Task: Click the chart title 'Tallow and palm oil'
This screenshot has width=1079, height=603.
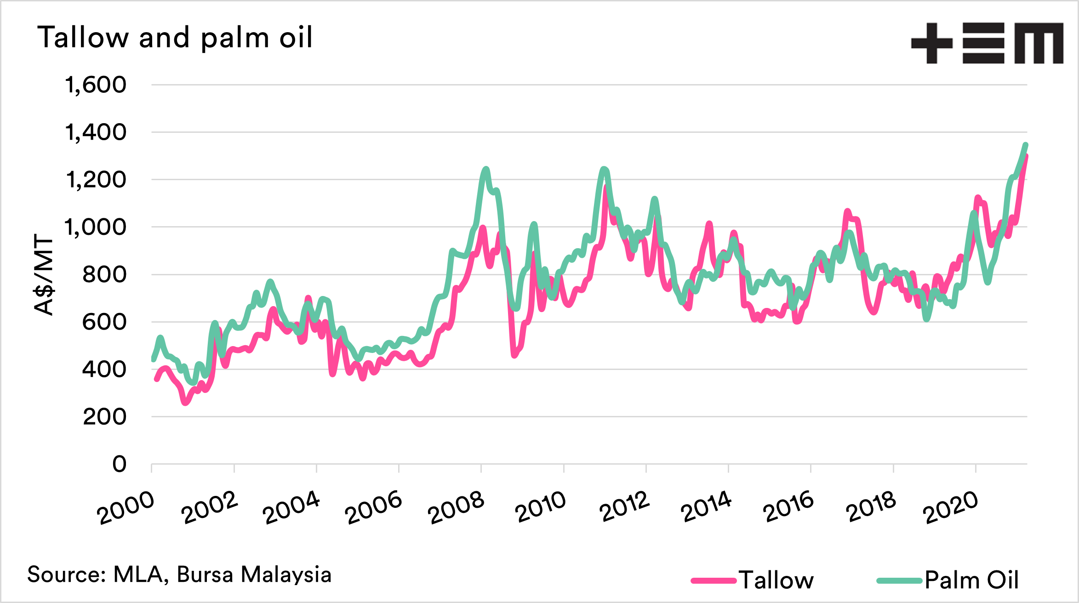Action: click(x=175, y=38)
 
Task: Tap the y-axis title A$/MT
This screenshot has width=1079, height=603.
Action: click(x=45, y=275)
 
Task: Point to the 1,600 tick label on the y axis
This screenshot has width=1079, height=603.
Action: click(x=96, y=85)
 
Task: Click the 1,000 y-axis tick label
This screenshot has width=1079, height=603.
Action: click(x=95, y=227)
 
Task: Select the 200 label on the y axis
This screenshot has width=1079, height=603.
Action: click(x=104, y=417)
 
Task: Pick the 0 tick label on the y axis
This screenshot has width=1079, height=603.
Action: click(x=119, y=464)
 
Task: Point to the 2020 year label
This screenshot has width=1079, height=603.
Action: click(x=951, y=507)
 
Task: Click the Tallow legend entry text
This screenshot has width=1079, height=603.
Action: click(x=776, y=580)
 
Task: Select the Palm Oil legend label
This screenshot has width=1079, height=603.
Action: click(x=972, y=580)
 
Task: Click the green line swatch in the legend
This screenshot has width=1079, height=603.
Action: click(x=899, y=581)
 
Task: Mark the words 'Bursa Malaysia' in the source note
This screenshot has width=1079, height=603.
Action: click(x=254, y=575)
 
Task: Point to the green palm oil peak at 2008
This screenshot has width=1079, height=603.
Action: click(x=486, y=169)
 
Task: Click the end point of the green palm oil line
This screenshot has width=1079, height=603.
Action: click(x=1025, y=145)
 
